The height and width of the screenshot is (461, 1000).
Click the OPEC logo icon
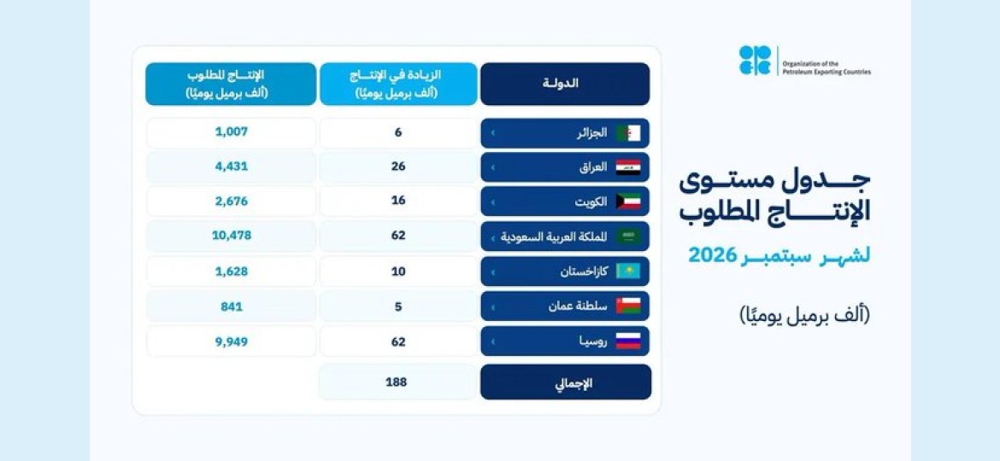tap(755, 61)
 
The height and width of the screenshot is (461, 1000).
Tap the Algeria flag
tap(628, 133)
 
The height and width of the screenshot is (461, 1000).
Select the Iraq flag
tap(628, 167)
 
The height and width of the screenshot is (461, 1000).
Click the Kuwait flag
tap(628, 201)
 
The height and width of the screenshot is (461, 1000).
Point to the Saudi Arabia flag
tap(628, 236)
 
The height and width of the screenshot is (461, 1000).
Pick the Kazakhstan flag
tap(628, 271)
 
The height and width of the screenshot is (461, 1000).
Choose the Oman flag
tap(628, 306)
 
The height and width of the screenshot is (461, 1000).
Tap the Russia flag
tap(628, 341)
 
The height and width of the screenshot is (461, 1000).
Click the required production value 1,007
tap(231, 132)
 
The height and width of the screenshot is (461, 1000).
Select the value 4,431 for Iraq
tap(231, 166)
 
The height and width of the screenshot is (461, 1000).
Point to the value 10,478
tap(231, 236)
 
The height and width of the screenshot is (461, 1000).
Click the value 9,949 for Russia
tap(231, 342)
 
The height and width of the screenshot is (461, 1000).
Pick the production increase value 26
tap(398, 166)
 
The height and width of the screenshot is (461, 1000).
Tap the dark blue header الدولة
tap(565, 84)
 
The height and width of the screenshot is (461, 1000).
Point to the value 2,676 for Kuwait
tap(231, 201)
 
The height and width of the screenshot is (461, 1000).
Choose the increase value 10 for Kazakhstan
tap(398, 271)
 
